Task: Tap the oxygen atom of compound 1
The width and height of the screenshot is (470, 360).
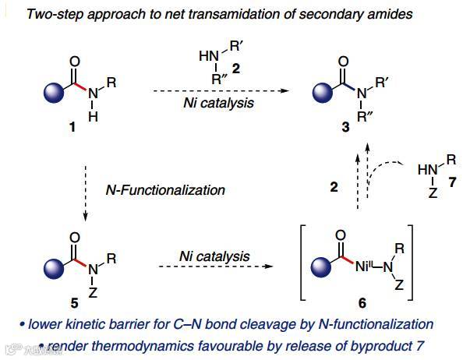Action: (74, 60)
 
